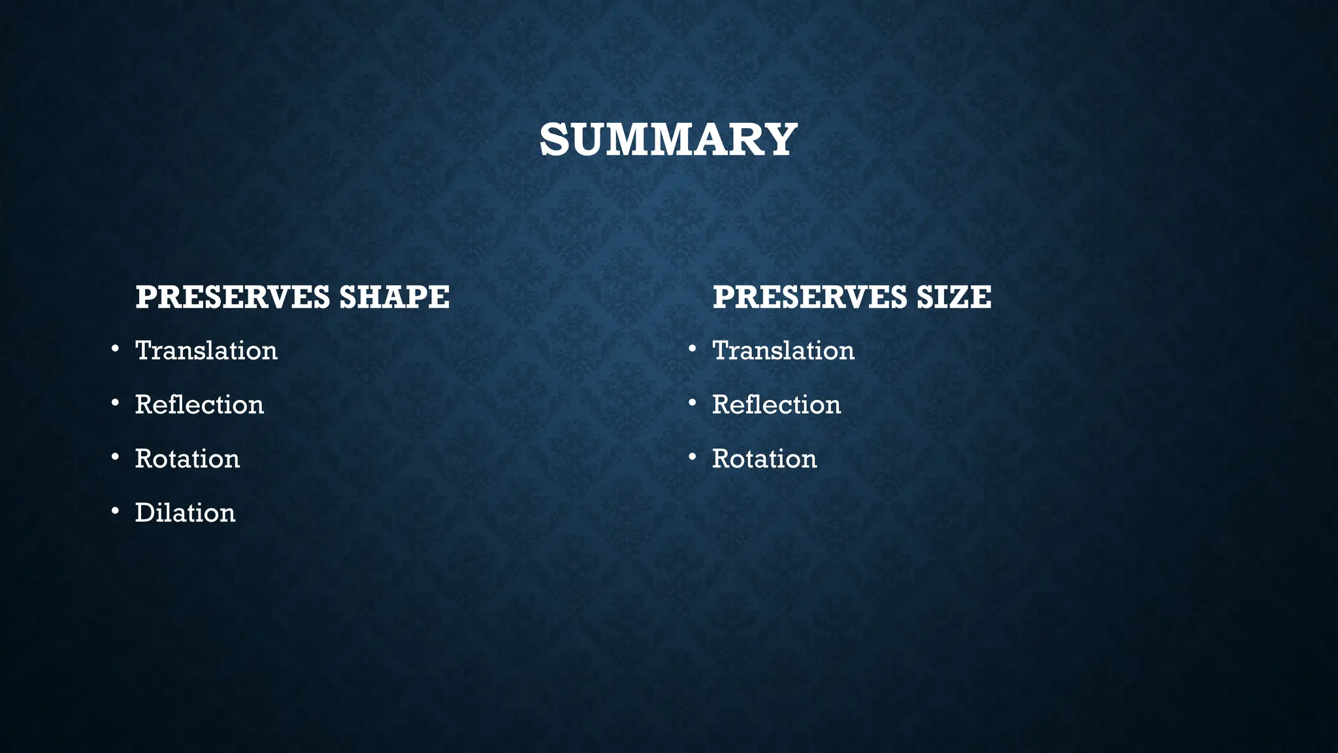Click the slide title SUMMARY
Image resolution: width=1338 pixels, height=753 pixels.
point(668,140)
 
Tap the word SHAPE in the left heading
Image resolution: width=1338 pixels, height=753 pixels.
point(394,297)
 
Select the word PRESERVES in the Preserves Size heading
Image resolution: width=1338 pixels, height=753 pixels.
point(809,297)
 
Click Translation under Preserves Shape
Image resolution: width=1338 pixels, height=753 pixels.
point(206,351)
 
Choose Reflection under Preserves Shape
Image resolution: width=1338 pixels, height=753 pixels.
point(199,405)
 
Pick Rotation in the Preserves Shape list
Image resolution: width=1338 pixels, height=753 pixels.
point(188,459)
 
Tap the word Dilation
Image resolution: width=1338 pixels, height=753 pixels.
point(185,513)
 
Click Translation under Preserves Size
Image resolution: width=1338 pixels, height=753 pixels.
point(783,351)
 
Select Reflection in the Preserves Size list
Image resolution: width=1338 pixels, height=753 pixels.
point(776,405)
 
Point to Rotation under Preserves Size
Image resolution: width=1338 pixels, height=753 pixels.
point(764,459)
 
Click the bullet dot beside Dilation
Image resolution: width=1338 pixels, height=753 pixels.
point(115,511)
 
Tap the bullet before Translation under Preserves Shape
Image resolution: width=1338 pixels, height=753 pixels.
point(115,349)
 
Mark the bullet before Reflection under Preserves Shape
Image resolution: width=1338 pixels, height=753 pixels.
point(115,403)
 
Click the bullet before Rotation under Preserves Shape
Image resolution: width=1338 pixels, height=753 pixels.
point(115,457)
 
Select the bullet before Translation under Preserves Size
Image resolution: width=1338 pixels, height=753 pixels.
point(693,349)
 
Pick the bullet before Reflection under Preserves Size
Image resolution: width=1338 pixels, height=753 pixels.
point(693,403)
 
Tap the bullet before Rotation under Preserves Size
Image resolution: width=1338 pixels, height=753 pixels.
point(693,457)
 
